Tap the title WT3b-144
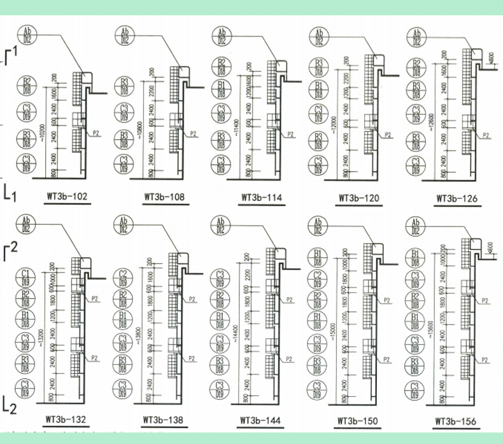(262, 421)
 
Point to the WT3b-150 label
(357, 421)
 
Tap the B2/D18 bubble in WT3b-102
(27, 85)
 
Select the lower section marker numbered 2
(9, 402)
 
